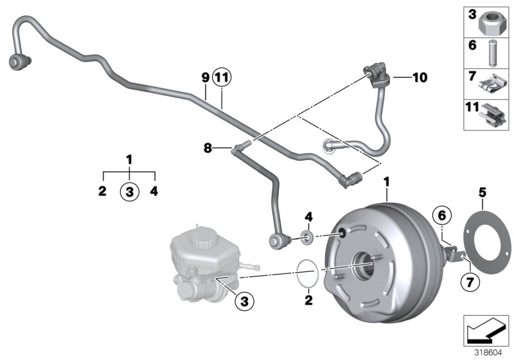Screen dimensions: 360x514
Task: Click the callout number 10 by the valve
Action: coord(420,78)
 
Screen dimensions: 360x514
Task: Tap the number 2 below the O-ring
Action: coord(308,300)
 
